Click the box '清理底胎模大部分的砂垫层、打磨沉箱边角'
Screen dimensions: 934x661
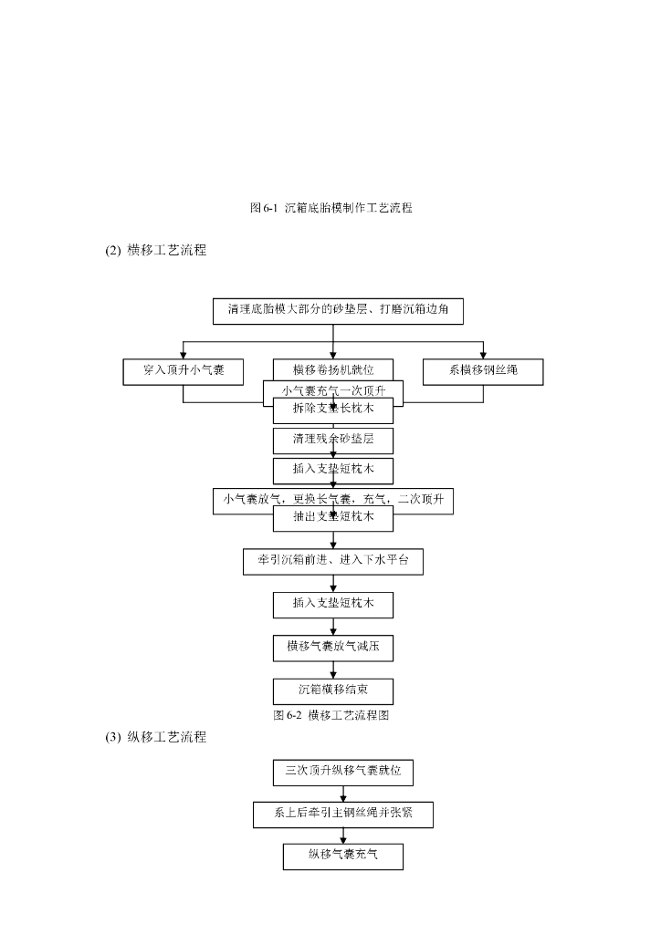click(x=337, y=310)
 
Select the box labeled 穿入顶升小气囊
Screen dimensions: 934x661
click(x=183, y=371)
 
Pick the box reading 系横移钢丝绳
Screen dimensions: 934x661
click(x=483, y=371)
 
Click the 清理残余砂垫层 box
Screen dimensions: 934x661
click(x=332, y=440)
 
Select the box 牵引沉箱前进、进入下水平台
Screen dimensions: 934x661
click(x=332, y=562)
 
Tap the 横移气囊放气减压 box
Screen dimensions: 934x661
click(x=332, y=648)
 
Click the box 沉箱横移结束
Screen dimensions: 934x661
click(x=332, y=690)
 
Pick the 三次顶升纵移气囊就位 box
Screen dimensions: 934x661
click(x=342, y=772)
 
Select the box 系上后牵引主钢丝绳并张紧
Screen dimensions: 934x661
click(x=342, y=815)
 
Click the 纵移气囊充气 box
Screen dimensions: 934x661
click(x=342, y=856)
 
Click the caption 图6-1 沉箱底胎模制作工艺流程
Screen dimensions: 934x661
click(x=330, y=208)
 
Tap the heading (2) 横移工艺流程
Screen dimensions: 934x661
click(x=155, y=250)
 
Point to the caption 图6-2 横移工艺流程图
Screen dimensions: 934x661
click(x=331, y=715)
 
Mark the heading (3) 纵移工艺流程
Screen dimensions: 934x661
click(x=155, y=737)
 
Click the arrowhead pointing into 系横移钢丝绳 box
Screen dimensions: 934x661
click(x=483, y=355)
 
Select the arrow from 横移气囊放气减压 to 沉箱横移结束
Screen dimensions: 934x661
click(x=332, y=669)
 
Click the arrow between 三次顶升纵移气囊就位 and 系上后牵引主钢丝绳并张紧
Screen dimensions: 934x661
click(x=342, y=794)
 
